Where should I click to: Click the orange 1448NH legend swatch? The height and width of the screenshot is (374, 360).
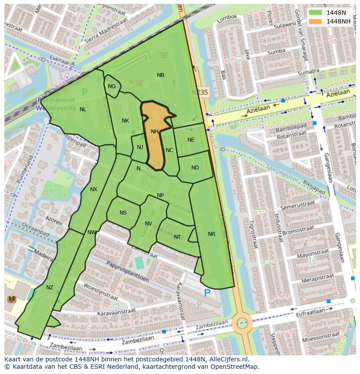316,21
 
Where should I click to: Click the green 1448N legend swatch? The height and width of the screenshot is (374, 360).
316,12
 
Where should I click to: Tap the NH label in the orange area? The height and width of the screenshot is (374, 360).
154,132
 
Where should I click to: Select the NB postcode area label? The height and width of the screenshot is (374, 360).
160,75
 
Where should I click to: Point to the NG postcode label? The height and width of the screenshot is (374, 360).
112,86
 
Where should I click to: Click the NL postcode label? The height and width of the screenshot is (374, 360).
83,109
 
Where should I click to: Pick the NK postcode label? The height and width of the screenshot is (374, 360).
125,121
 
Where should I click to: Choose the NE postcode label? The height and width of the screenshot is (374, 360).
191,140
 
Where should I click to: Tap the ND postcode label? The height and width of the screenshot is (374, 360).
195,168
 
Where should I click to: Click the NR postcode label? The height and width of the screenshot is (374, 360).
211,234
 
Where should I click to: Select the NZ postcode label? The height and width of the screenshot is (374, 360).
50,288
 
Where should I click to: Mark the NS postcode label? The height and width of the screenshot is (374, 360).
123,213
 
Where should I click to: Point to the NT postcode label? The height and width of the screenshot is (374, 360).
177,237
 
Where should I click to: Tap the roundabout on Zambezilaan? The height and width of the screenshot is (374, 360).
242,323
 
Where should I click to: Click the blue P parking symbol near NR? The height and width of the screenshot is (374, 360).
207,293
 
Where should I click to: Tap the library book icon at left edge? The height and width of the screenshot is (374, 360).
11,299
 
